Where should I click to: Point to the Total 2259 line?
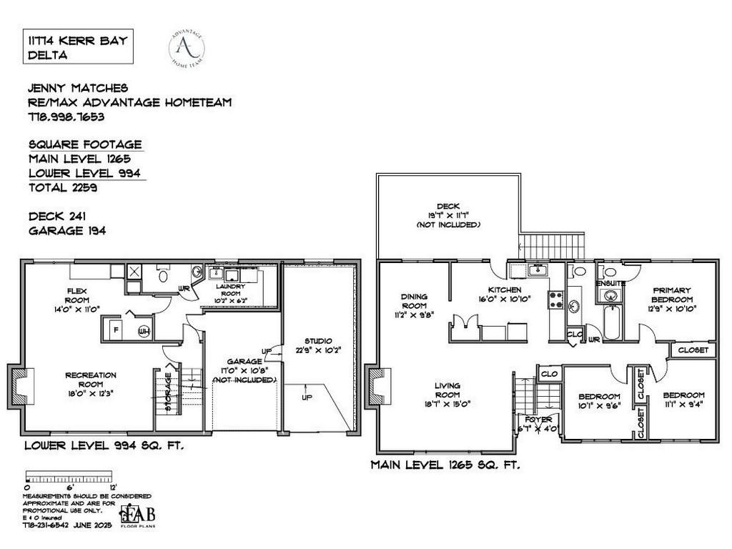63,188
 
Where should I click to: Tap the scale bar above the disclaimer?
69,476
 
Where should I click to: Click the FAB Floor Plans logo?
138,515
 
